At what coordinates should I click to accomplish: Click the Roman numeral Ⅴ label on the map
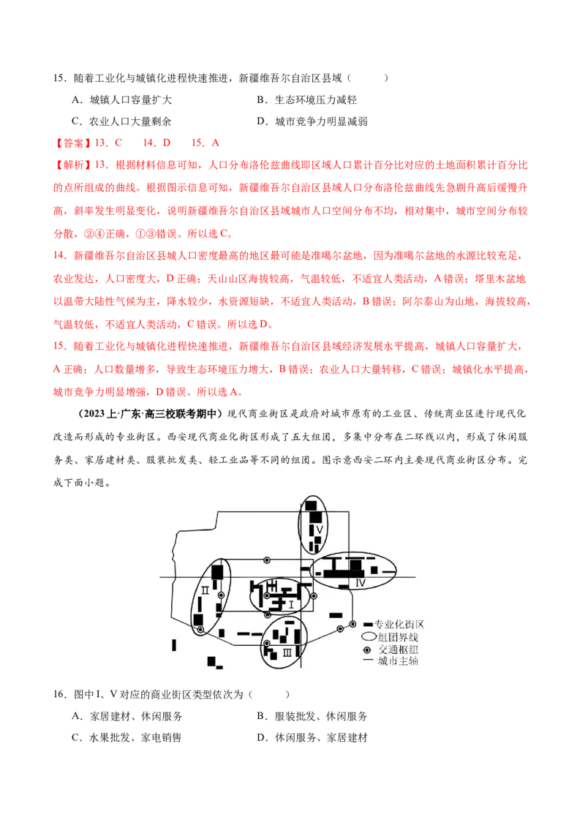[319, 529]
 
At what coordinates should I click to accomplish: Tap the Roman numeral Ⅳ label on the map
[360, 583]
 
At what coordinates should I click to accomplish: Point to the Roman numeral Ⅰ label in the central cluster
[291, 604]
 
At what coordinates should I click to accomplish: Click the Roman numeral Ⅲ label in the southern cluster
[287, 652]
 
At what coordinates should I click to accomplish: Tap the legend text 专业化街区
[399, 624]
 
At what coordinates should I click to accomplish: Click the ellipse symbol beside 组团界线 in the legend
[369, 637]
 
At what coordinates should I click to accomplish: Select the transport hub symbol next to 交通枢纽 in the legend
[367, 650]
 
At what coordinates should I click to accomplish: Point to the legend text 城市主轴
[398, 661]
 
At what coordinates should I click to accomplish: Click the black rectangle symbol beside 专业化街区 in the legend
[368, 624]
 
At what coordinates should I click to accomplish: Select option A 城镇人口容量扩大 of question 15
[121, 99]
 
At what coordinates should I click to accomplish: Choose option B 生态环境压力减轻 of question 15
[306, 99]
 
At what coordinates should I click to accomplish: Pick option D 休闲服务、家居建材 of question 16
[312, 738]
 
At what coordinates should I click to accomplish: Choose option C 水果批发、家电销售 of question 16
[127, 738]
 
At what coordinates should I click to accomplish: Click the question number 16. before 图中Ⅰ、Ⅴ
[60, 694]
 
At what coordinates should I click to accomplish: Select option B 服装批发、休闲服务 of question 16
[312, 717]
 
